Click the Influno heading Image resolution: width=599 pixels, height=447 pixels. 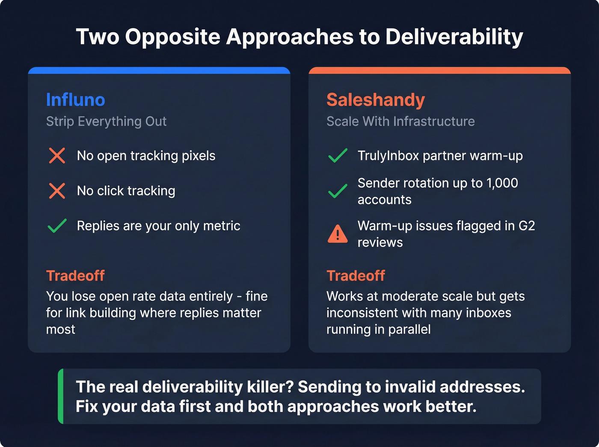(75, 100)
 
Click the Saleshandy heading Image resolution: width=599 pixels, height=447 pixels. (375, 100)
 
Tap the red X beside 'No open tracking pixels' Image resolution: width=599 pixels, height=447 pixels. (57, 156)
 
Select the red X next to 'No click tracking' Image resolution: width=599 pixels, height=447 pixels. (57, 191)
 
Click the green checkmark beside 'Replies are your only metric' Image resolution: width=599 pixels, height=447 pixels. (57, 225)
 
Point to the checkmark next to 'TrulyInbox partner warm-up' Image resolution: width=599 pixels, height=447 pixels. (338, 156)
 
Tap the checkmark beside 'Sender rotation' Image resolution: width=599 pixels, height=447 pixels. (338, 191)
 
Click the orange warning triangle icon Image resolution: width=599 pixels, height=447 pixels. (338, 234)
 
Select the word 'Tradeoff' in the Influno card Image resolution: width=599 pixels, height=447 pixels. (75, 276)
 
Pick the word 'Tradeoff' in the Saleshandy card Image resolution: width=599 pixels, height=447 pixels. (356, 276)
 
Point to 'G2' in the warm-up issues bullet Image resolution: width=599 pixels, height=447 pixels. (527, 225)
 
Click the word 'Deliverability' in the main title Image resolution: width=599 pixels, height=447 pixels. (454, 37)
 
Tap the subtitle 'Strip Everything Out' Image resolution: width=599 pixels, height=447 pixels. (106, 121)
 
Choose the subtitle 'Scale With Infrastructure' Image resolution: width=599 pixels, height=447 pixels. (400, 121)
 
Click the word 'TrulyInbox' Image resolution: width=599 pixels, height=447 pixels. (388, 156)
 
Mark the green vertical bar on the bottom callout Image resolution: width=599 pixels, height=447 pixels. (61, 396)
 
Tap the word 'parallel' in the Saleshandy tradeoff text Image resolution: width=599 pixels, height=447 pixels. (409, 329)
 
